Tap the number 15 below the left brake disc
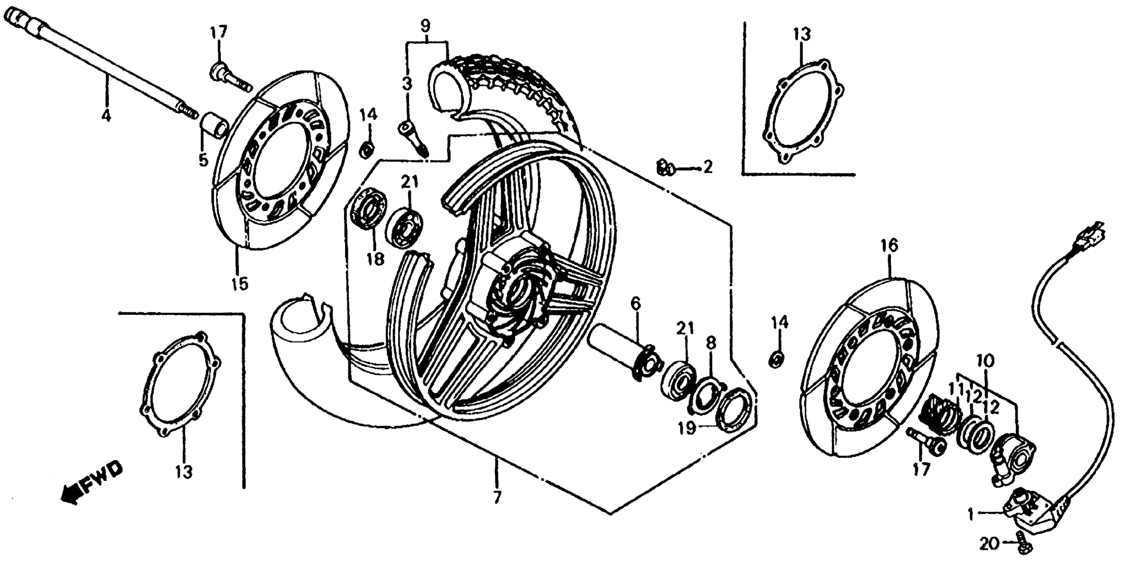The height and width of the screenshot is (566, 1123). (x=239, y=284)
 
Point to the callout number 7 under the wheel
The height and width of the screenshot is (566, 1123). (x=497, y=497)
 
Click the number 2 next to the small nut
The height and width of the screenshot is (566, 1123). (x=707, y=166)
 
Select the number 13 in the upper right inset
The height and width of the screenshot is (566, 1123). (x=802, y=34)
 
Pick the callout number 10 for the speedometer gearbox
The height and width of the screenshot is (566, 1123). (x=988, y=361)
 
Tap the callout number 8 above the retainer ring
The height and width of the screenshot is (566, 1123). (x=711, y=344)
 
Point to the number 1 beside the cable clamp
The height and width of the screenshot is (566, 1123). (x=970, y=515)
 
